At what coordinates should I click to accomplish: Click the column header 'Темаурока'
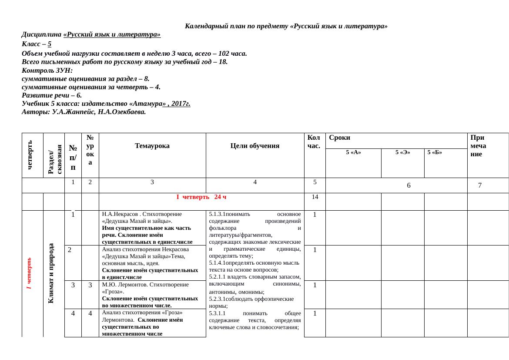click(x=152, y=146)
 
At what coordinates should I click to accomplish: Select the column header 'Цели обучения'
click(x=255, y=146)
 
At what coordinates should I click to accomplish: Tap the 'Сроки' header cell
click(x=340, y=138)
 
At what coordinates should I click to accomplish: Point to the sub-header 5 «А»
click(x=353, y=152)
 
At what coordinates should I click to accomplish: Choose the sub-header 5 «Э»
click(x=402, y=152)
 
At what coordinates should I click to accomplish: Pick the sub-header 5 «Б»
click(x=435, y=152)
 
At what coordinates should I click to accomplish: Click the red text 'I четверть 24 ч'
click(x=201, y=197)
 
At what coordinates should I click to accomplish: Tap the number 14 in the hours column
click(x=315, y=197)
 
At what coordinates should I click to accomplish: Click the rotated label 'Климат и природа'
click(x=51, y=273)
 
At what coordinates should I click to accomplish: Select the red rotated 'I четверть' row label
click(x=29, y=273)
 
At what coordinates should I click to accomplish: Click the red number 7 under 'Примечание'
click(x=480, y=185)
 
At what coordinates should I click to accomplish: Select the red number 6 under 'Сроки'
click(x=409, y=185)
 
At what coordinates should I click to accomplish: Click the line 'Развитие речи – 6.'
click(x=52, y=95)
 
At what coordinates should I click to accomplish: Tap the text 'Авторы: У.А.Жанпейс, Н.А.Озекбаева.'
click(x=84, y=112)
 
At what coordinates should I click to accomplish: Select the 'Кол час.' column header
click(x=314, y=142)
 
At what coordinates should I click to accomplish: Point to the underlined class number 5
click(x=50, y=44)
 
